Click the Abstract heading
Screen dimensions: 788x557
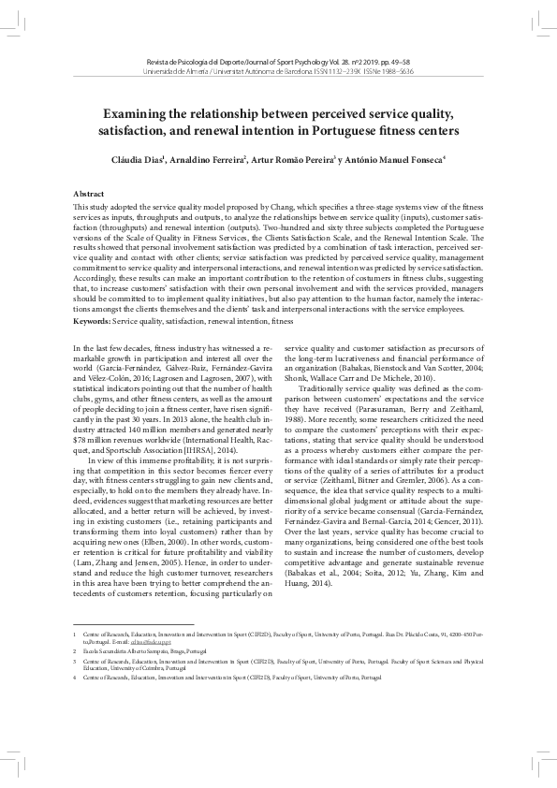88,193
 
